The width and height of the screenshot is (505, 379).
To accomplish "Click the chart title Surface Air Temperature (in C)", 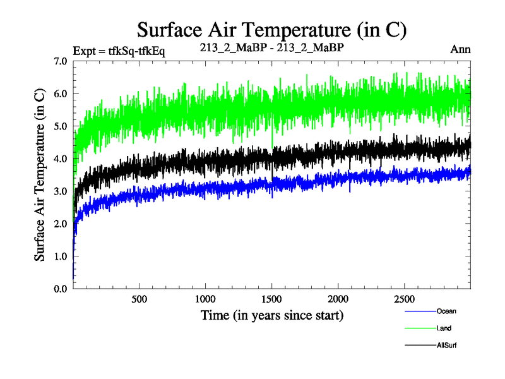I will click(271, 29).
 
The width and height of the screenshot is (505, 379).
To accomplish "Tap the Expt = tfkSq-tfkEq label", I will click(119, 51).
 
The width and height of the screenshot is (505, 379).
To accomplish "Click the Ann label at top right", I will click(460, 49).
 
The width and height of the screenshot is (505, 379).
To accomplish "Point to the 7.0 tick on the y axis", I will click(61, 61).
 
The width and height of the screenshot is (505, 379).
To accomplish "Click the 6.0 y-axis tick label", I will click(61, 93).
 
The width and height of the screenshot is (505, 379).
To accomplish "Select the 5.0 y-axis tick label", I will click(61, 126).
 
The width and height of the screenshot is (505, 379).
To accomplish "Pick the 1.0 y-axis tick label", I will click(61, 256).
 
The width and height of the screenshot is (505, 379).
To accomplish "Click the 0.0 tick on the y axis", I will click(61, 289).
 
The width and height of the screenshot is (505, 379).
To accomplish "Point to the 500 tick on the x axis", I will click(140, 299).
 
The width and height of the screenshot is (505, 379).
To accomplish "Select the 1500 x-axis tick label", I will click(272, 299).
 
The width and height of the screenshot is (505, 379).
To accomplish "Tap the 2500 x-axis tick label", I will click(405, 299).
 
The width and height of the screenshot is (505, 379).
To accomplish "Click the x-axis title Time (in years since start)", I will click(272, 315).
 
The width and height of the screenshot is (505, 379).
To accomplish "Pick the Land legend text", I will click(444, 328).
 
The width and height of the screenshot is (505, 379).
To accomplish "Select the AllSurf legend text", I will click(446, 346).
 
